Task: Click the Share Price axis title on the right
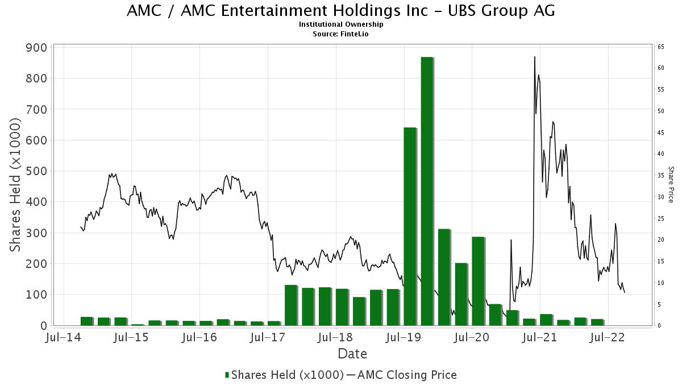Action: click(671, 184)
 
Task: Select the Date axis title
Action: click(352, 354)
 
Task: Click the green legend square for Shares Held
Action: click(227, 375)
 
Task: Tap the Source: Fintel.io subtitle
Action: click(341, 34)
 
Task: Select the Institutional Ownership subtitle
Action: click(341, 24)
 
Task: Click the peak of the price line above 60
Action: click(534, 57)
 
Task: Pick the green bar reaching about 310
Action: click(444, 277)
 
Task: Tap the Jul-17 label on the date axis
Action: click(267, 337)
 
